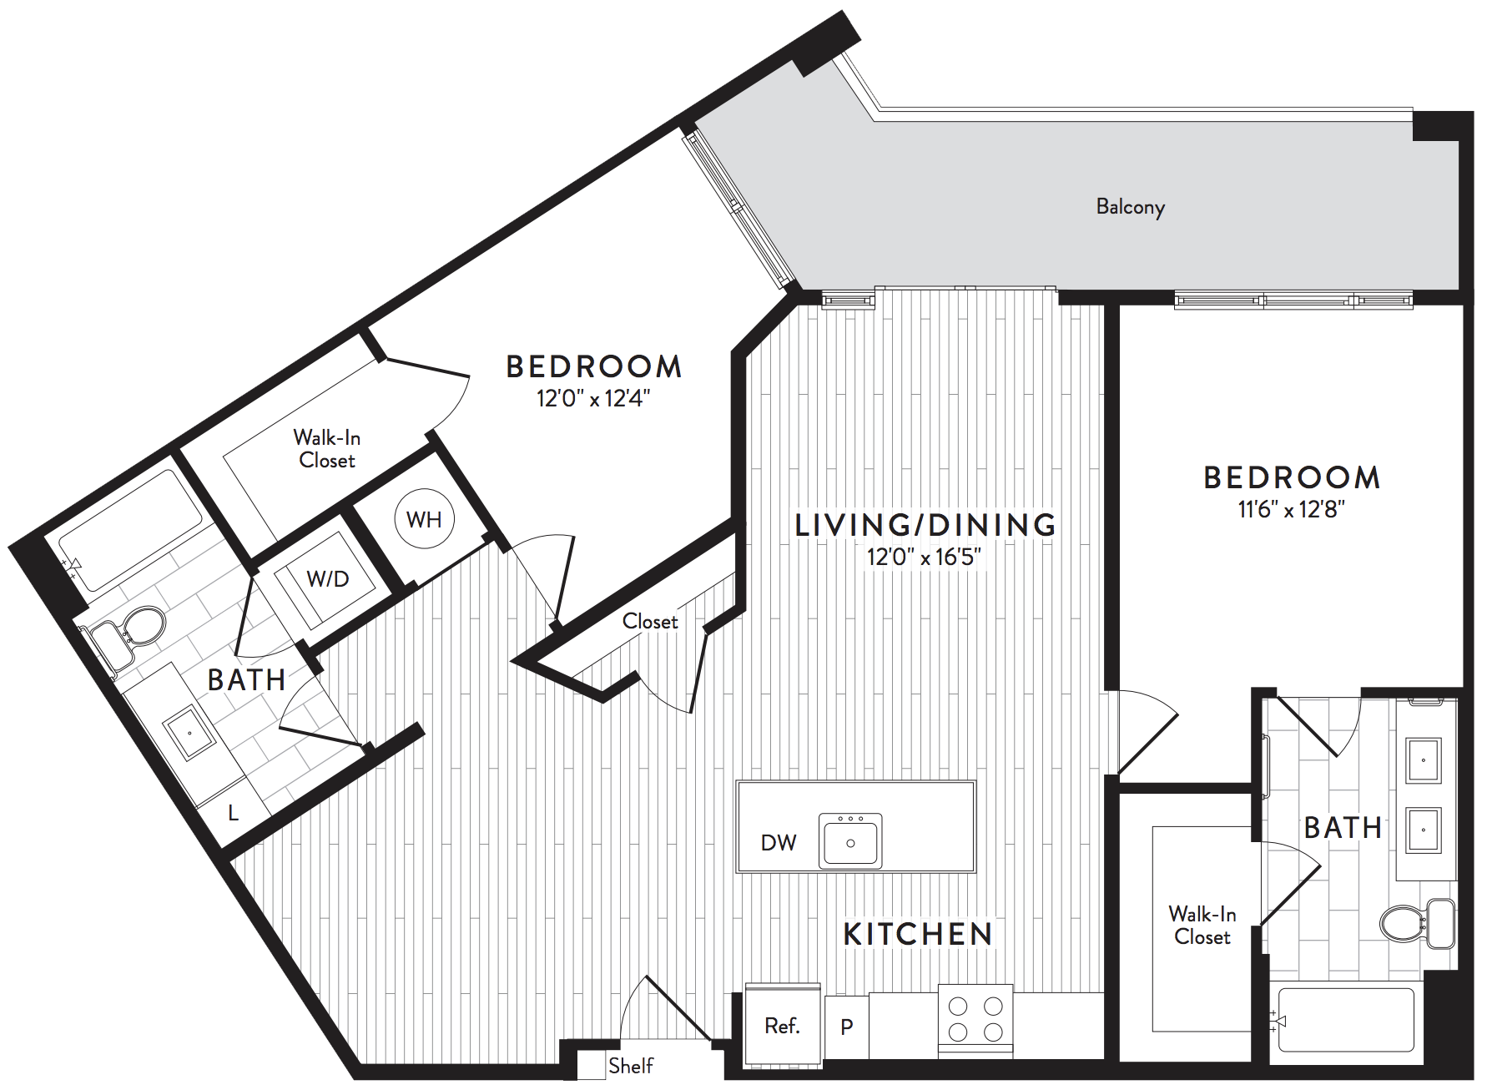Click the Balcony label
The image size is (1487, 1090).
point(1130,207)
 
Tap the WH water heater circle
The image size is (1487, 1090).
point(424,519)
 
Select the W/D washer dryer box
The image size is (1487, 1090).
point(327,579)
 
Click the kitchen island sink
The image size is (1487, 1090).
point(850,840)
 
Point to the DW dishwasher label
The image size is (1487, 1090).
point(779,843)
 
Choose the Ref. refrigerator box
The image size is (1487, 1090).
point(782,1026)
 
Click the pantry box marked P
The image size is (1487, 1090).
point(846,1027)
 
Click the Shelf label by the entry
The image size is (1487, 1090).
point(631,1066)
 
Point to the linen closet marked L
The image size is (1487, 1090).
point(234,813)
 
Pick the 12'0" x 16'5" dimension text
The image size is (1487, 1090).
point(924,557)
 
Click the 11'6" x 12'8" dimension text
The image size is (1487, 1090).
point(1291,509)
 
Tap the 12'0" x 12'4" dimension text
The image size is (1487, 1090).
point(593,398)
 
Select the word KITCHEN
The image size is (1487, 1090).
point(918,935)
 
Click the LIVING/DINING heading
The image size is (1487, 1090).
point(925,525)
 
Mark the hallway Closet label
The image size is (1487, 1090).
point(650,622)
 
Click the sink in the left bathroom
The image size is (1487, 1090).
point(189,732)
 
